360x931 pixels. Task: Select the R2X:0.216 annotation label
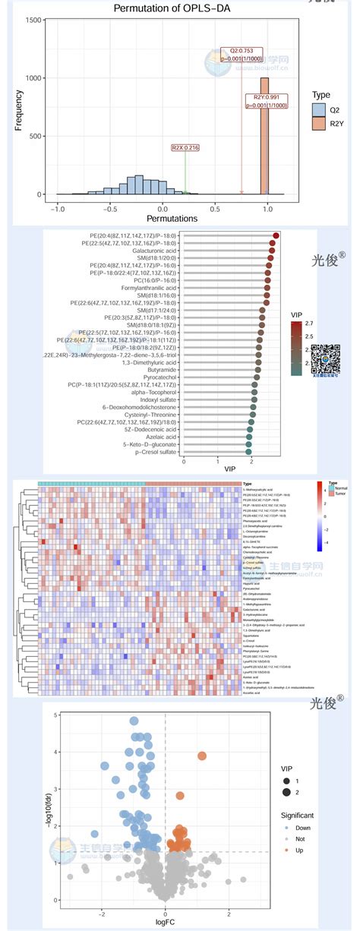pyautogui.click(x=185, y=147)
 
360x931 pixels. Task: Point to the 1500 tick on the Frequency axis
pyautogui.click(x=32, y=21)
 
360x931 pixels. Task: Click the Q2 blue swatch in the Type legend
pyautogui.click(x=320, y=110)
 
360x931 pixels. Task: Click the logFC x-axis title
pyautogui.click(x=165, y=921)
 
